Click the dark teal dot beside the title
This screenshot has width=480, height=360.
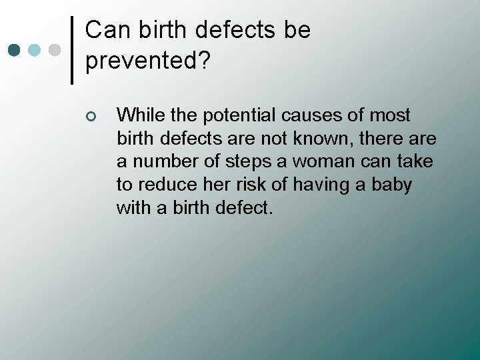[x=14, y=50]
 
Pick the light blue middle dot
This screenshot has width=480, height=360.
[x=35, y=50]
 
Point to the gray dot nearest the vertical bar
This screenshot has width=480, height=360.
[x=55, y=50]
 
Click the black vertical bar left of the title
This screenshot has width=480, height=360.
[x=72, y=50]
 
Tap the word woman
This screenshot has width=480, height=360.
[x=315, y=161]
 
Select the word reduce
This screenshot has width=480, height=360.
[x=161, y=185]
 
